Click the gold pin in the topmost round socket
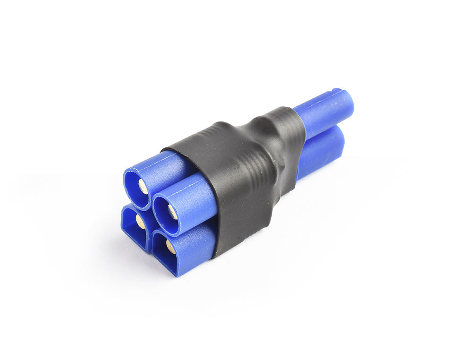(x=143, y=186)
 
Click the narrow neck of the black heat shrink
(x=278, y=142)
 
